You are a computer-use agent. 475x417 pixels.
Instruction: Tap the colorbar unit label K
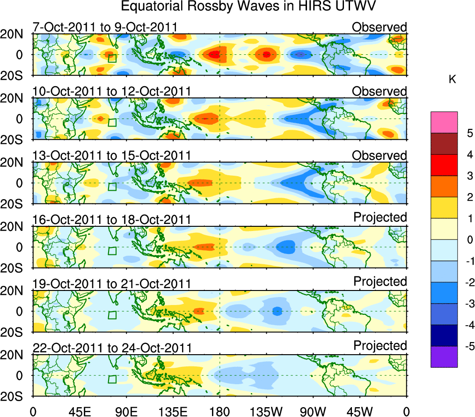pyautogui.click(x=452, y=80)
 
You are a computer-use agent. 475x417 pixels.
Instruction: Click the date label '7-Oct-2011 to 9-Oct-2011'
pyautogui.click(x=104, y=27)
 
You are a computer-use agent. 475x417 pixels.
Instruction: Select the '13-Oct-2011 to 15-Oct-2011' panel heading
pyautogui.click(x=111, y=156)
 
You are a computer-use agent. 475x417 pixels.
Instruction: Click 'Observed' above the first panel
pyautogui.click(x=380, y=27)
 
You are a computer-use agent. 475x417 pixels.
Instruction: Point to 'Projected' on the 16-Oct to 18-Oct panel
pyautogui.click(x=380, y=217)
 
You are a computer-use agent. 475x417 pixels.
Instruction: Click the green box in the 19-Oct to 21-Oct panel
pyautogui.click(x=112, y=315)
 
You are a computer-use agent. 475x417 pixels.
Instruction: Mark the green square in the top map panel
pyautogui.click(x=112, y=58)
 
